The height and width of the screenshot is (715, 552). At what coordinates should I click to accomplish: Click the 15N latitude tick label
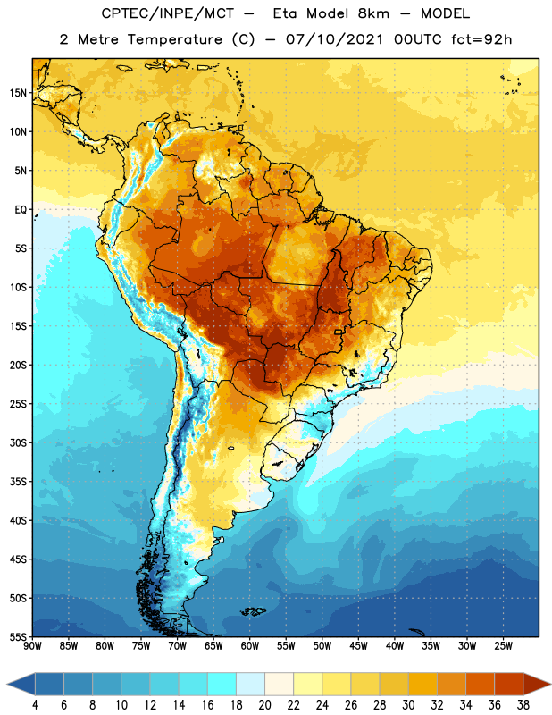[x=18, y=93]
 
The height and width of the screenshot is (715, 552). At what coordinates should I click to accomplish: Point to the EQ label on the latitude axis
[x=21, y=210]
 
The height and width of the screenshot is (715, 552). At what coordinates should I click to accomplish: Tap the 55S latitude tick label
[x=18, y=636]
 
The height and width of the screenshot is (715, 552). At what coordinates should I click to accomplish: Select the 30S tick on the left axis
[x=18, y=442]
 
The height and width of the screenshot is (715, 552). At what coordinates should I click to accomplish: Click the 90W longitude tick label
[x=32, y=645]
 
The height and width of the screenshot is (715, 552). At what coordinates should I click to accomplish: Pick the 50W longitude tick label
[x=322, y=645]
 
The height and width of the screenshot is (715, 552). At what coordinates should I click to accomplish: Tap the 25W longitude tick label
[x=503, y=645]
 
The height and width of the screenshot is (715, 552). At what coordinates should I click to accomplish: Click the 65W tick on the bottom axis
[x=213, y=645]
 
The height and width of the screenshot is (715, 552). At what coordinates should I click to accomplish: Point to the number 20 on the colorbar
[x=264, y=705]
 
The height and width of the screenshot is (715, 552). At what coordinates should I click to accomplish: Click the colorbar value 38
[x=523, y=705]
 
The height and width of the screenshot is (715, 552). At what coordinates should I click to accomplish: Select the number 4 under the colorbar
[x=35, y=705]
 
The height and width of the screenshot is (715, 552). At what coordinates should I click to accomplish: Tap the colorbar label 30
[x=408, y=705]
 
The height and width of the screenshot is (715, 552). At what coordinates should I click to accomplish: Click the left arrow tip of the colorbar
[x=7, y=685]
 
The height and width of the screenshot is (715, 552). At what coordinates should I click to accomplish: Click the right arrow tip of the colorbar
[x=550, y=685]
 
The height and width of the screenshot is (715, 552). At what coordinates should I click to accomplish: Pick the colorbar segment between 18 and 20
[x=251, y=685]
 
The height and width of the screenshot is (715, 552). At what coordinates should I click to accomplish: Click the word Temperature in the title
[x=175, y=39]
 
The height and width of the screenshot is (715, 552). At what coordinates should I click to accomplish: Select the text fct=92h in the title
[x=481, y=39]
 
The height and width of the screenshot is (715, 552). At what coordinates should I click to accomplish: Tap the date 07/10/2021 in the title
[x=334, y=39]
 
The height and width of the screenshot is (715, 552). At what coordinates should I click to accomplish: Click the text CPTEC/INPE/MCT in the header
[x=168, y=13]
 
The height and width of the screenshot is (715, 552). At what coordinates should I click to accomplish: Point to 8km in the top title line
[x=373, y=13]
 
